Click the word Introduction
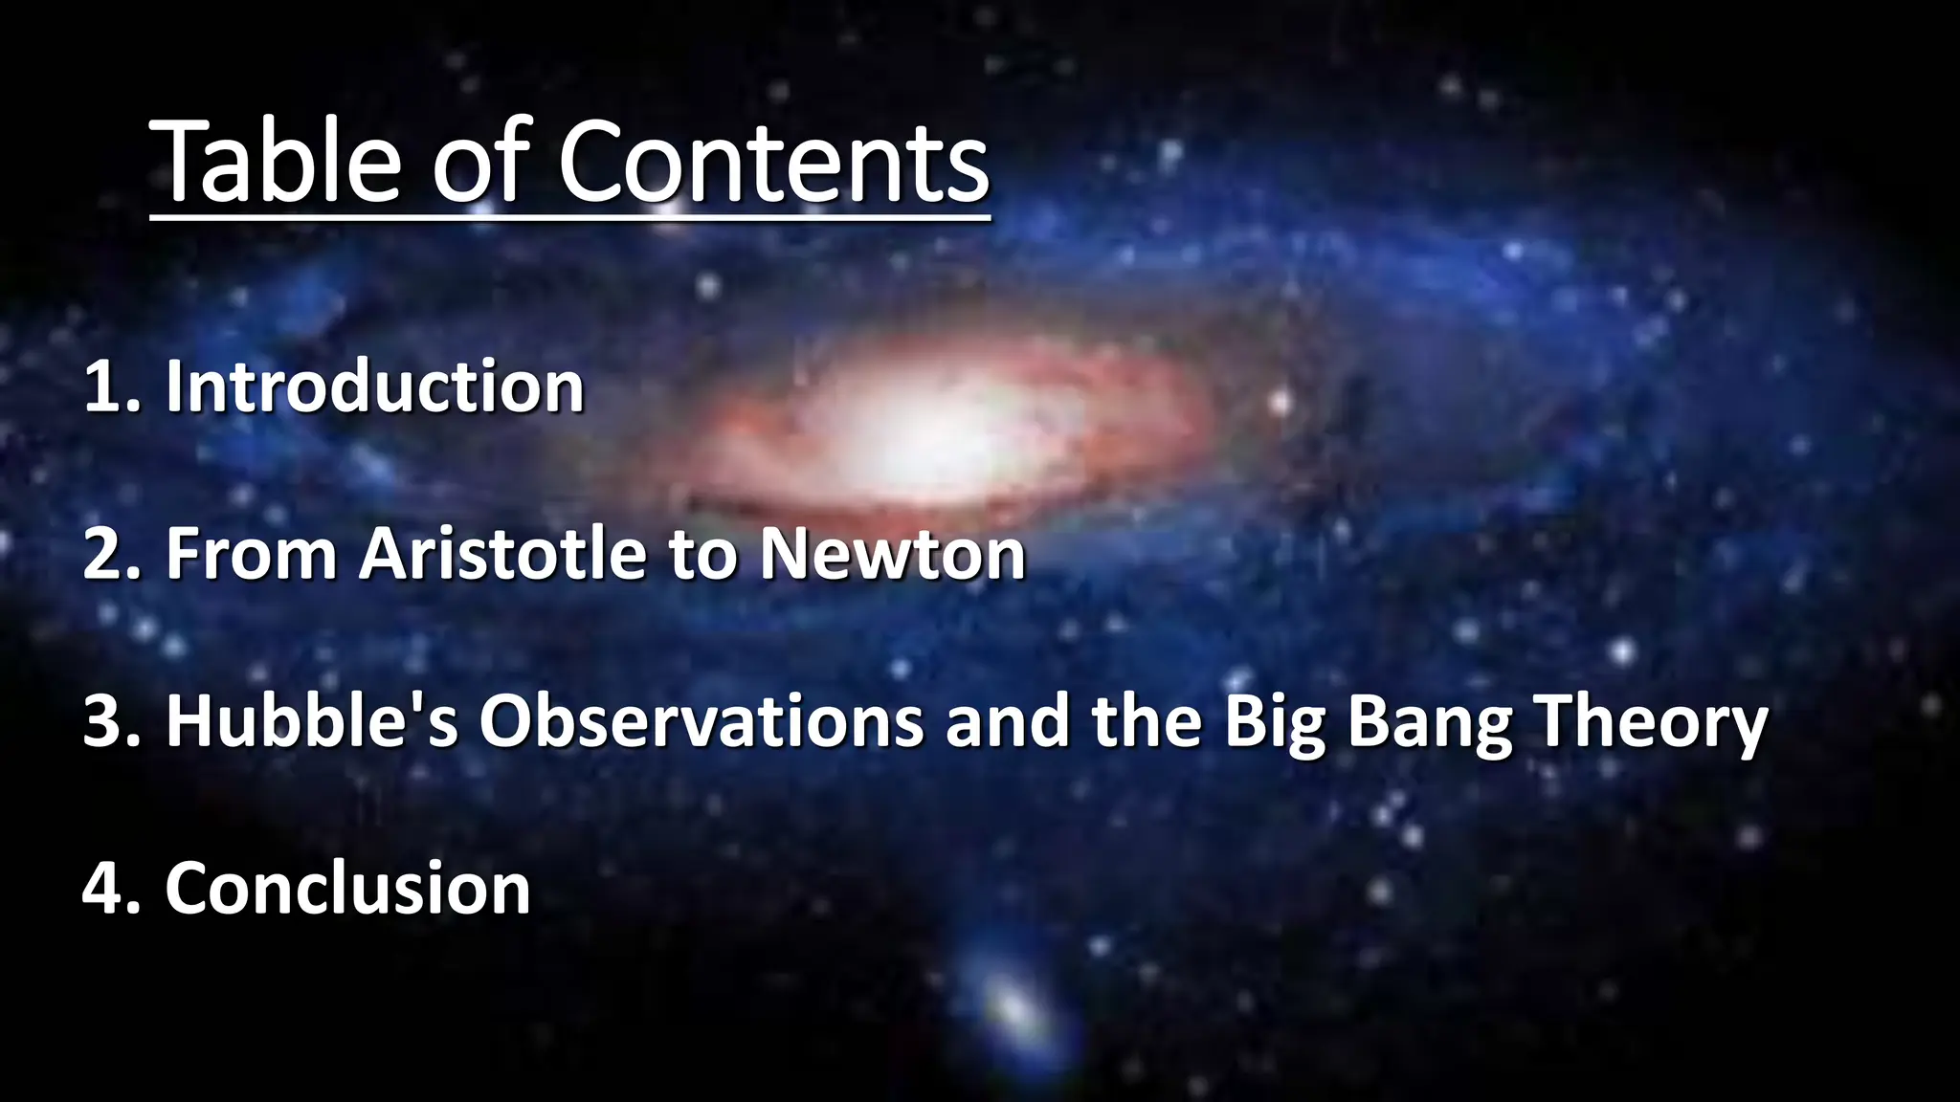(x=374, y=387)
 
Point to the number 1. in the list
(x=112, y=387)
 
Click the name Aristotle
(x=502, y=555)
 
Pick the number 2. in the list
(x=112, y=555)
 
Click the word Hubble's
(x=312, y=721)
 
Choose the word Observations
(x=701, y=721)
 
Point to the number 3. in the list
(x=112, y=721)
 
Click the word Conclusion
(x=347, y=889)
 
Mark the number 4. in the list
(x=112, y=889)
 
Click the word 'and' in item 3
(x=1007, y=721)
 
